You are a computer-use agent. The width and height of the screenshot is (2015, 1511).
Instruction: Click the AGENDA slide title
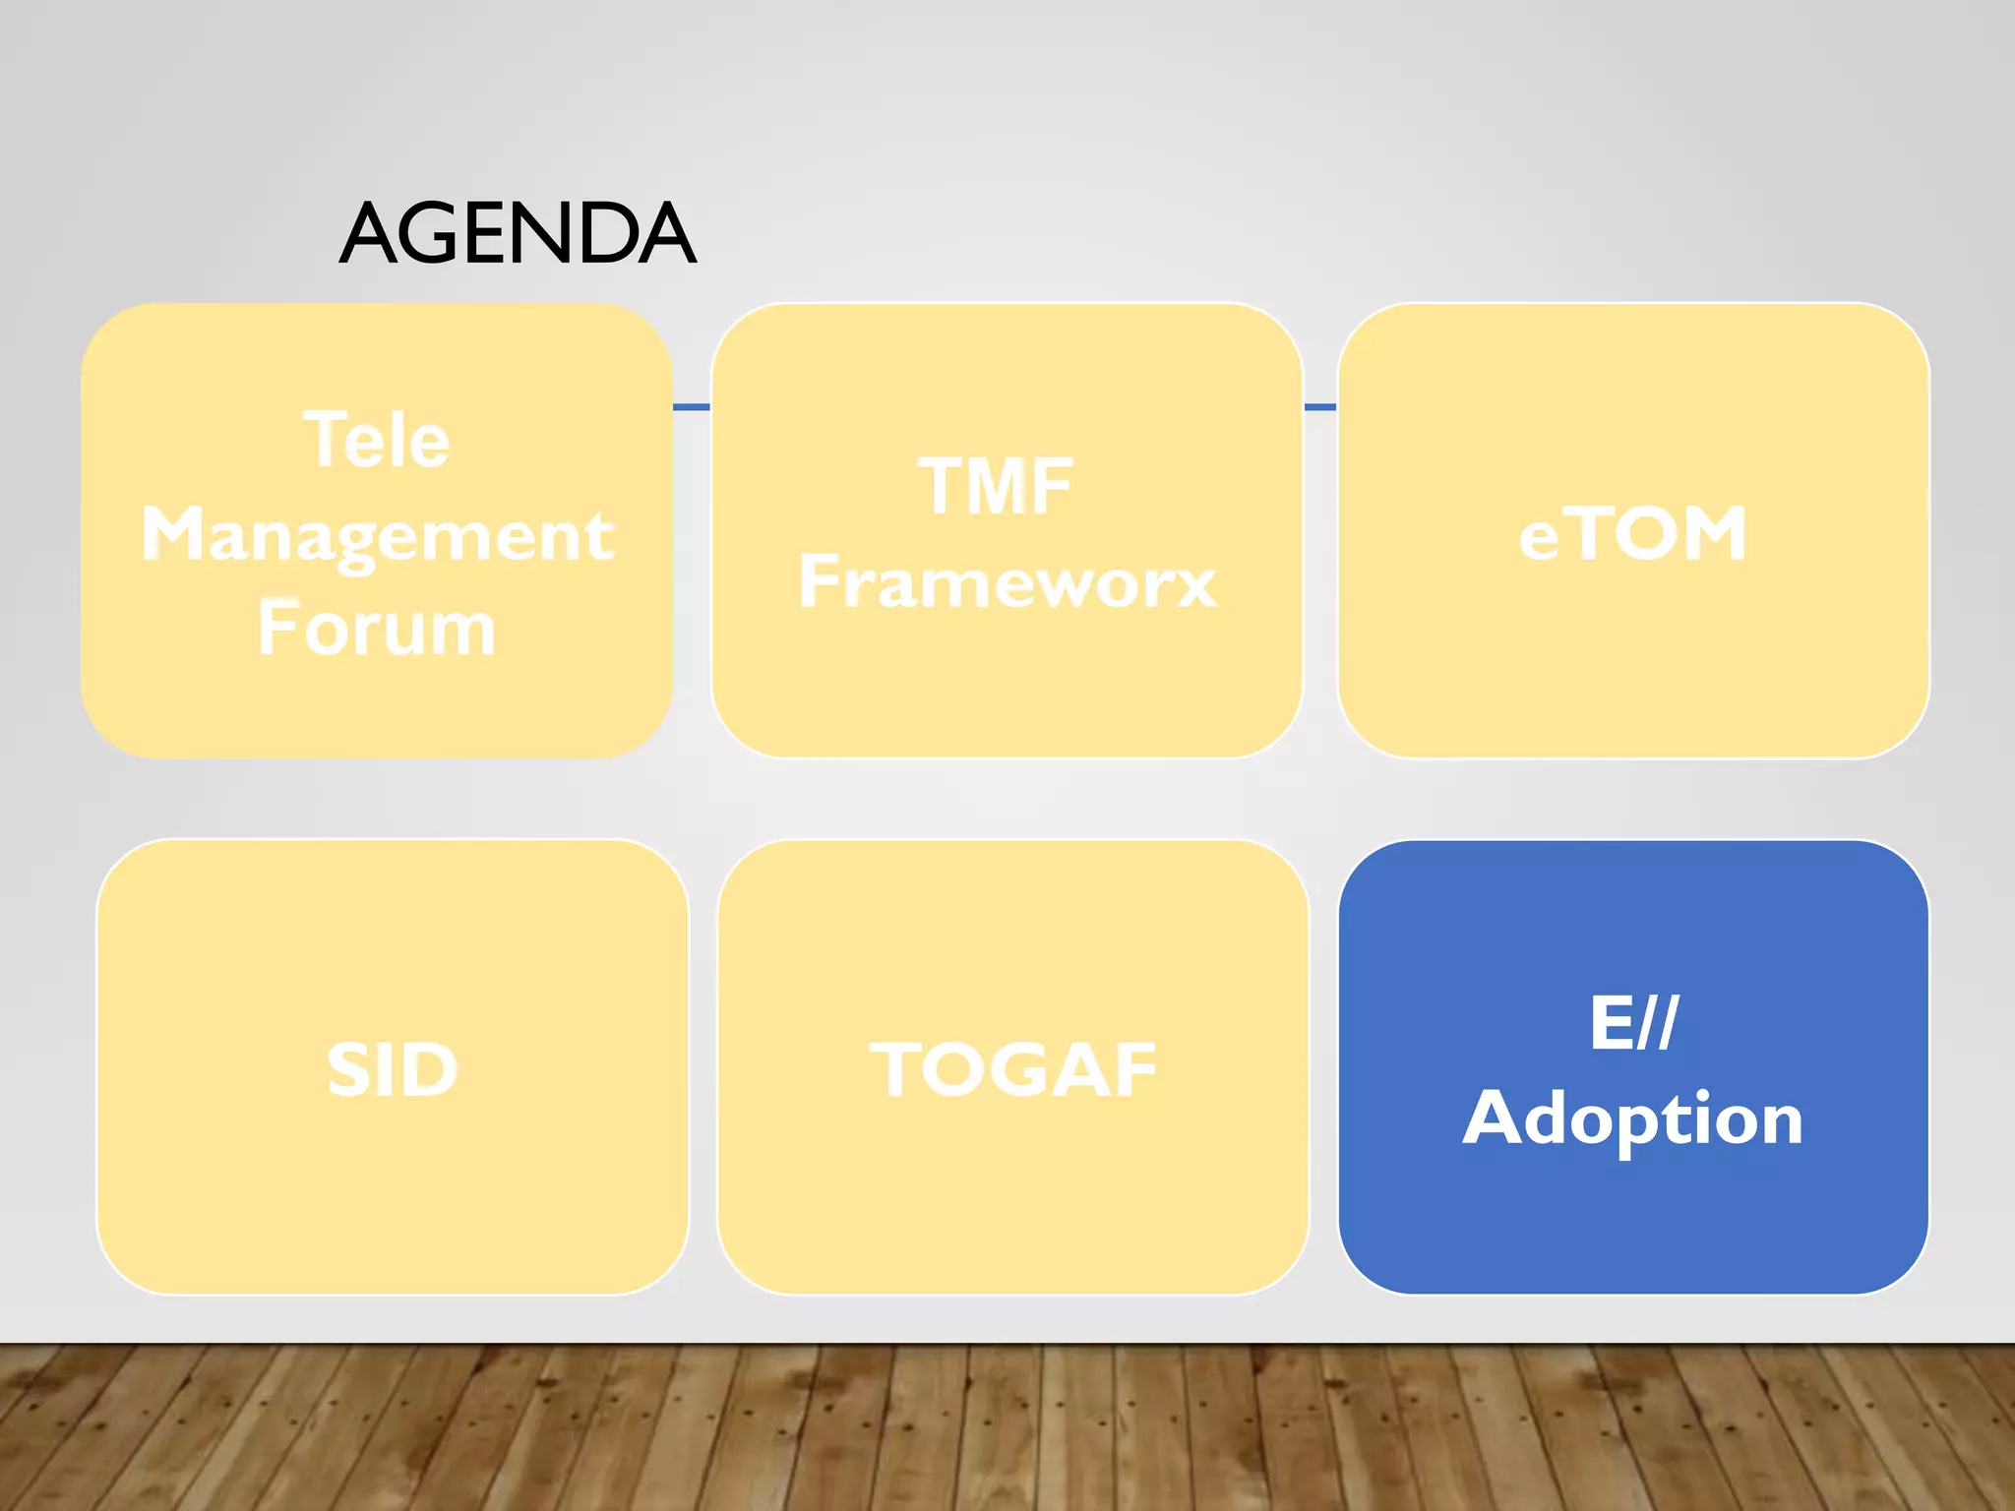[518, 234]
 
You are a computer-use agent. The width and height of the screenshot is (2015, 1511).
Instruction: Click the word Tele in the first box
[377, 440]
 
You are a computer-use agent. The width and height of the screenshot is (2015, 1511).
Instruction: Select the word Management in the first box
[378, 535]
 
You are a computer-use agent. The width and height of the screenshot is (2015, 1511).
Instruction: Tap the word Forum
[377, 630]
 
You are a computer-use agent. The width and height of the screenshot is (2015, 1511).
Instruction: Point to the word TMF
[996, 486]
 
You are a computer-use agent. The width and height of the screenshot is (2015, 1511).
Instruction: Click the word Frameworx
[1007, 581]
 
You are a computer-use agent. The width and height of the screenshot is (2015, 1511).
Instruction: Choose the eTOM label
[1633, 534]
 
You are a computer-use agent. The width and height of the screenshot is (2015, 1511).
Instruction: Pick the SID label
[393, 1070]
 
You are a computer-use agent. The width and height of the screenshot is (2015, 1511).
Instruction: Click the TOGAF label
[1013, 1070]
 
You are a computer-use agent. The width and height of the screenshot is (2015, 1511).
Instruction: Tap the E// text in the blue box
[1633, 1023]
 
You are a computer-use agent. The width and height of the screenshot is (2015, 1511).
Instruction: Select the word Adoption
[1633, 1118]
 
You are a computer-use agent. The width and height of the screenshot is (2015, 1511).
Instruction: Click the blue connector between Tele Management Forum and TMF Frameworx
[692, 407]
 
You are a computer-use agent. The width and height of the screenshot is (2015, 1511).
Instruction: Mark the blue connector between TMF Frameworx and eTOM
[1320, 407]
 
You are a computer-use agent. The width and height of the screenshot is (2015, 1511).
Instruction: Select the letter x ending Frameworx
[1193, 584]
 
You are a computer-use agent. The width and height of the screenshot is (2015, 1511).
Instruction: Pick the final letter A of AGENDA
[667, 234]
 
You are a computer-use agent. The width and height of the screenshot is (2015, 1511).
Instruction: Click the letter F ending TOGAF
[1134, 1070]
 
